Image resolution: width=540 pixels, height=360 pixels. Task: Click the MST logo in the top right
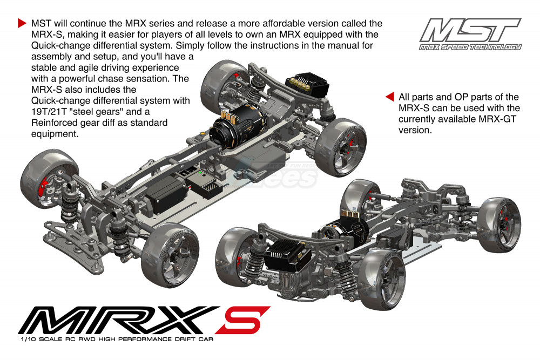[470, 34]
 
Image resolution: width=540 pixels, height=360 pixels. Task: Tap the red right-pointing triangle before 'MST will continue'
[22, 23]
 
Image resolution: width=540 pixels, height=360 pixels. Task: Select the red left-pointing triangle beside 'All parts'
[390, 97]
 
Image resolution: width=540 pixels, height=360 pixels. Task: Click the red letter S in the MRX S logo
[243, 320]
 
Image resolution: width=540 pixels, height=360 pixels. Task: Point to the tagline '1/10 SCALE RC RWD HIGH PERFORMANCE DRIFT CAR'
[117, 339]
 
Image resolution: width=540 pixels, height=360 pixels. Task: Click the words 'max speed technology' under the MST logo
[470, 47]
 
